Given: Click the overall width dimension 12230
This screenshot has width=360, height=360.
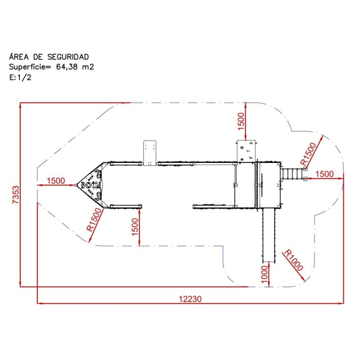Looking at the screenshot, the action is click(x=190, y=299).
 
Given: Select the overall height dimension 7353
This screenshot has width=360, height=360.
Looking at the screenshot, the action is click(x=16, y=195).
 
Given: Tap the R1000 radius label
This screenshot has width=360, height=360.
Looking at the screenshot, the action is click(x=294, y=260).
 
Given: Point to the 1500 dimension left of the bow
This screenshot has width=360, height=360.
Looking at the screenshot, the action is click(x=56, y=181).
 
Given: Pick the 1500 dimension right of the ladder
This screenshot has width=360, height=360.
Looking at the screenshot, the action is click(x=324, y=174).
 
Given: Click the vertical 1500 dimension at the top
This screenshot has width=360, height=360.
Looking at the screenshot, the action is click(x=241, y=121).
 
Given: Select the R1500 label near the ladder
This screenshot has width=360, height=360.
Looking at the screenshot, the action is click(x=308, y=154).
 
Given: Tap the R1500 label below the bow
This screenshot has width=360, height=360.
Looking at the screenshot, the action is click(x=94, y=219).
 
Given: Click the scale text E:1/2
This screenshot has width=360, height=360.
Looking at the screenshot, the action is click(x=20, y=77).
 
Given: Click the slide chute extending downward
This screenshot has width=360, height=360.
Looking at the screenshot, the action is click(x=269, y=235).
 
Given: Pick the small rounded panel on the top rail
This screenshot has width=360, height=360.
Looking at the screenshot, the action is click(x=150, y=153).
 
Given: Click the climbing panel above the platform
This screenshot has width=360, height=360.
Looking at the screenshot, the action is click(x=246, y=151).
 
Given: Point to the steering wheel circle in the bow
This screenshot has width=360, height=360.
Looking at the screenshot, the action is click(x=88, y=185).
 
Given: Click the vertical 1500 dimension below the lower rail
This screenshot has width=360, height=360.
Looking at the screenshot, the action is click(x=135, y=227).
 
